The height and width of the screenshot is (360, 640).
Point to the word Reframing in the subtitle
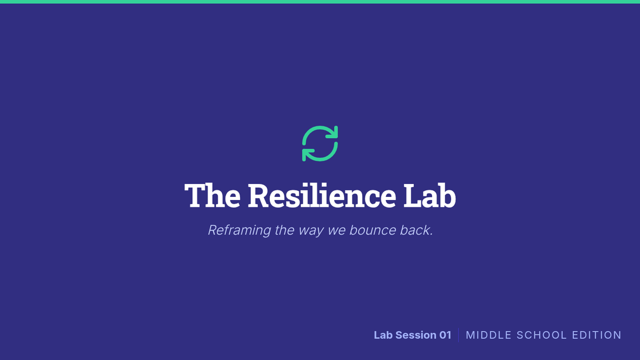point(239,230)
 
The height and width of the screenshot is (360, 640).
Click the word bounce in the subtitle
point(373,230)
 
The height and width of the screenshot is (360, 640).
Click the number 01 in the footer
point(445,335)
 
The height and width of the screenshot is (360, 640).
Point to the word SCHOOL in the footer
point(541,335)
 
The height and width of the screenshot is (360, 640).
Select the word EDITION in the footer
point(597,335)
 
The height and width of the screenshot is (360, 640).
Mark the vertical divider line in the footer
point(459,335)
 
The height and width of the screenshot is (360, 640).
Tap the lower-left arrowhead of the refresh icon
point(307,155)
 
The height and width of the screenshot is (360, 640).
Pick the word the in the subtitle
point(285,230)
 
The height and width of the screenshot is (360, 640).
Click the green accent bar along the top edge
point(320,2)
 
